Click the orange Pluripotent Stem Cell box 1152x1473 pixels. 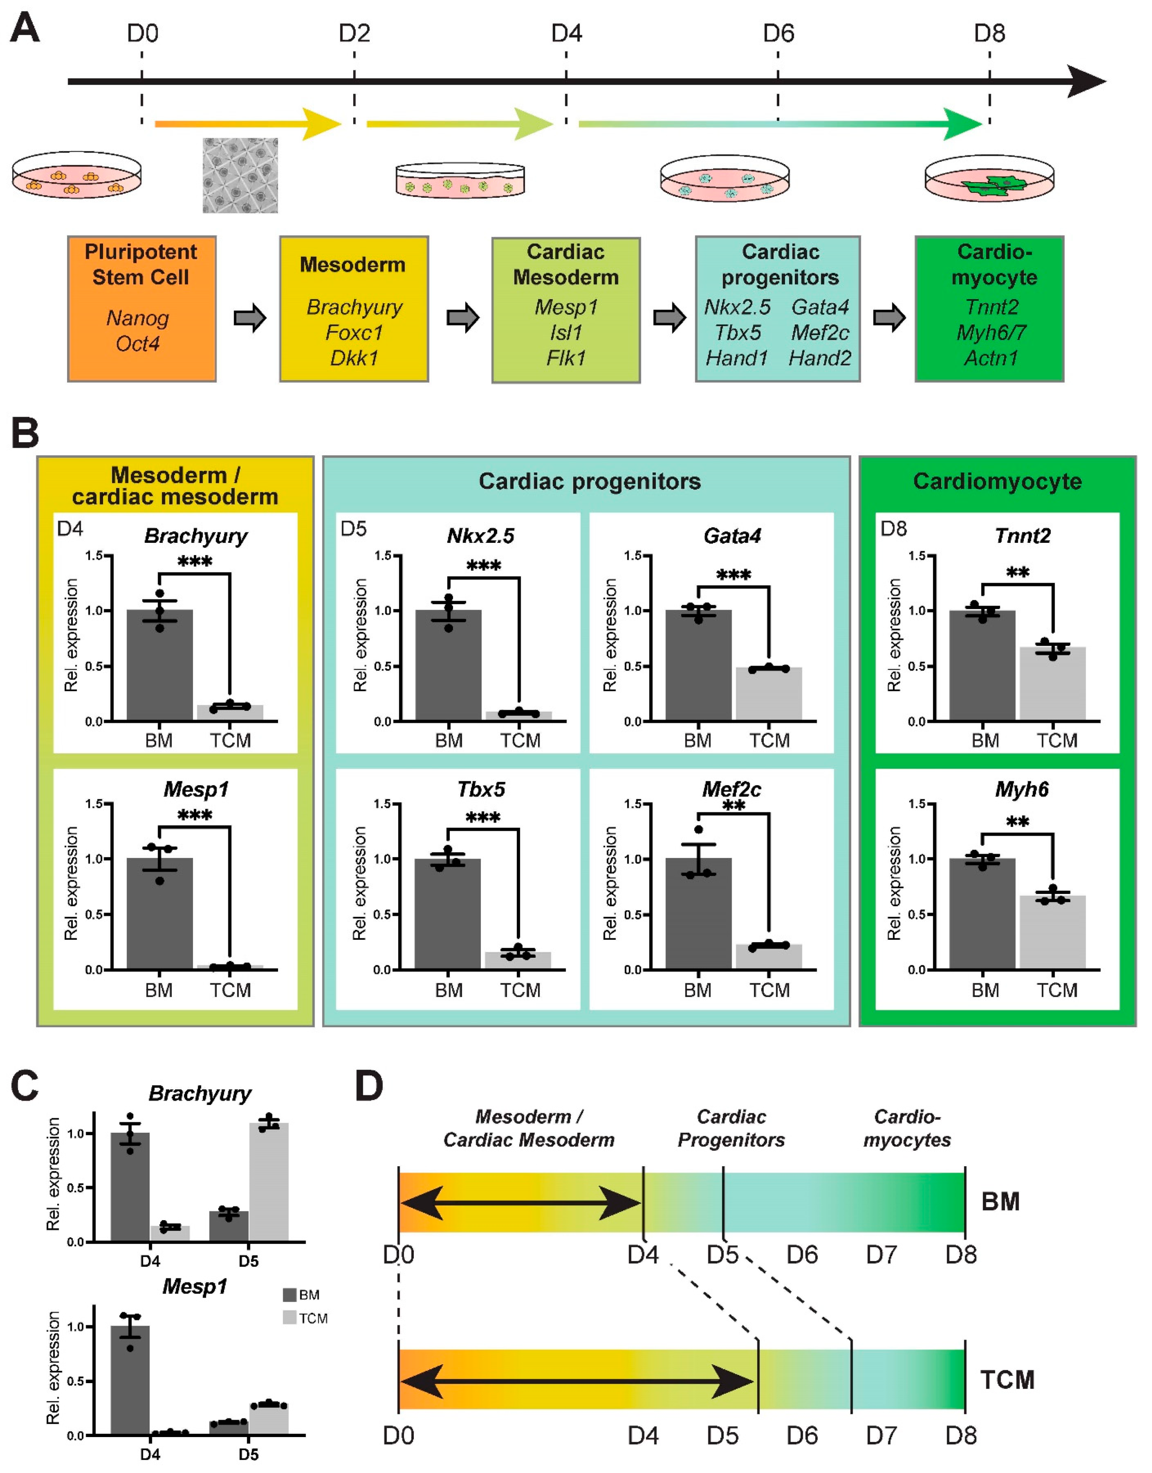tap(142, 308)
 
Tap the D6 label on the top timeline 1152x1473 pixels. tap(779, 33)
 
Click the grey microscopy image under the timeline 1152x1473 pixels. tap(240, 176)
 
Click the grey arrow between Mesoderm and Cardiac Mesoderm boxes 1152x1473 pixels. tap(463, 317)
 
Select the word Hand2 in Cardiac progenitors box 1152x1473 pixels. tap(820, 358)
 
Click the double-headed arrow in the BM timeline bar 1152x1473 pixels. tap(520, 1202)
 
